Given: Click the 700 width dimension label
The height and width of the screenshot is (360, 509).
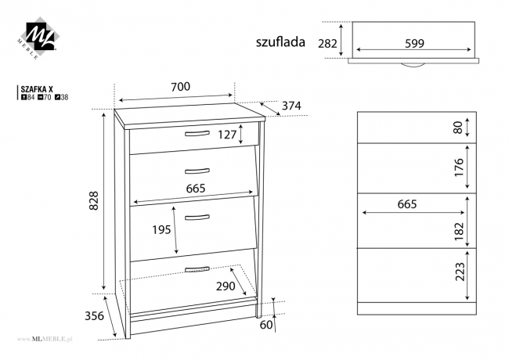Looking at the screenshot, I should [x=180, y=87].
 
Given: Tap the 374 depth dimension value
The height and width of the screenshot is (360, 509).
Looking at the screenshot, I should [x=291, y=106].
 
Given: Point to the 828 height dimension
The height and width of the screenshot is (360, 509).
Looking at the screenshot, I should [x=94, y=202].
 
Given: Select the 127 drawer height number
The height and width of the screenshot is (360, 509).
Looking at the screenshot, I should [x=227, y=135].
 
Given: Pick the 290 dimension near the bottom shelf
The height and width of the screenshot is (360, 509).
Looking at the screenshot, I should [x=226, y=286].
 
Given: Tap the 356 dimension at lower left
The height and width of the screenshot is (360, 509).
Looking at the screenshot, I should [x=95, y=316].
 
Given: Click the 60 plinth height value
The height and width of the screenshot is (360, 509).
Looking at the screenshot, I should [x=267, y=324].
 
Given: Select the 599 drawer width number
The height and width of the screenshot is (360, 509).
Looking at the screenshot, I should [x=414, y=44].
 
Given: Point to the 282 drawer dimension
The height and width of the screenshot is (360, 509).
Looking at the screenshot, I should [x=327, y=44].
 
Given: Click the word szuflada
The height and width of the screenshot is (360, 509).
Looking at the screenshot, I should [x=280, y=42].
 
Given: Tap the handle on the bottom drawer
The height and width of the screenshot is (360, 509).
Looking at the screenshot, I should [x=197, y=269].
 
